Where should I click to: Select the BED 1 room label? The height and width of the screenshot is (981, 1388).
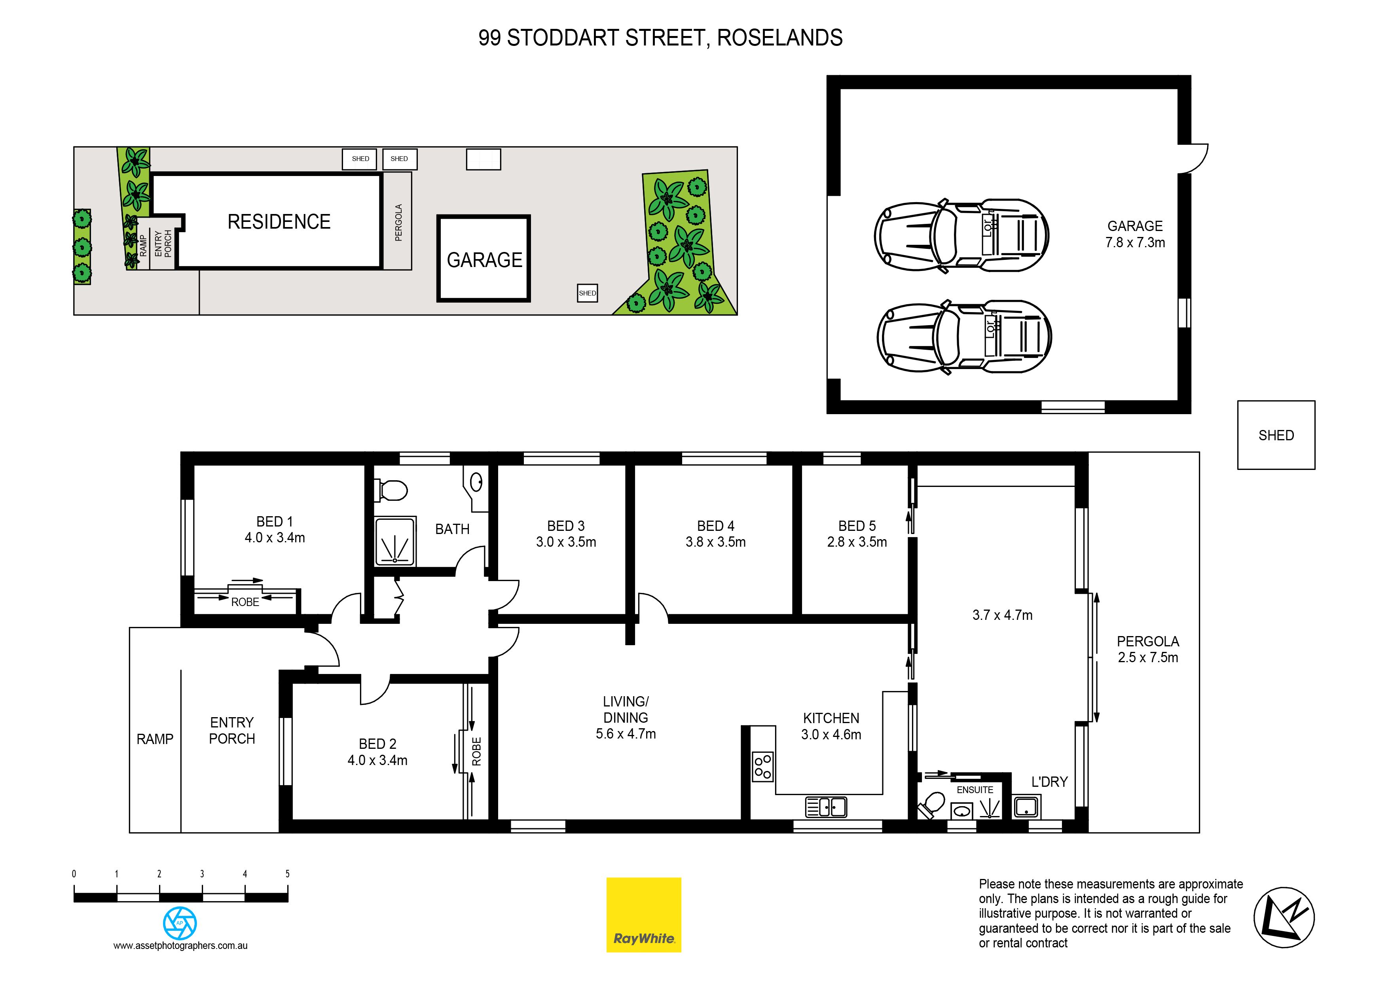pos(275,522)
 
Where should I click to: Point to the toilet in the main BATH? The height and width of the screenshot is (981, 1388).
pos(391,490)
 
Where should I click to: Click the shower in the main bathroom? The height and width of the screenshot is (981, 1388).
pos(395,541)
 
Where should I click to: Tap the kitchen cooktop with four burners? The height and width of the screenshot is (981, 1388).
pos(763,767)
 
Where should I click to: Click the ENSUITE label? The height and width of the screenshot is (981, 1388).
pos(975,790)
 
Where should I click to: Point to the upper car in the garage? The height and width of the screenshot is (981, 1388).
pos(961,236)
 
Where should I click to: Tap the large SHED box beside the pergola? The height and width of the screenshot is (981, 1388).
pos(1276,435)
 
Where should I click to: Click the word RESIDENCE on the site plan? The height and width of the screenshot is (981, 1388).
pos(279,222)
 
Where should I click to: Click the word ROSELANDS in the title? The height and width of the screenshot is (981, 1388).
pos(780,38)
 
